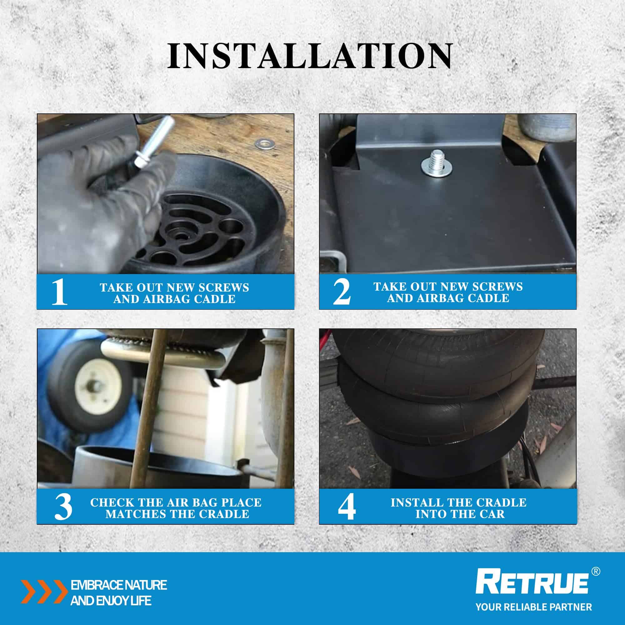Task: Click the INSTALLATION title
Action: (310, 56)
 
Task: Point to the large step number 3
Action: (63, 507)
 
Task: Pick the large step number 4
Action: (347, 507)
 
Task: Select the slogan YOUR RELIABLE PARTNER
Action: (534, 607)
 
